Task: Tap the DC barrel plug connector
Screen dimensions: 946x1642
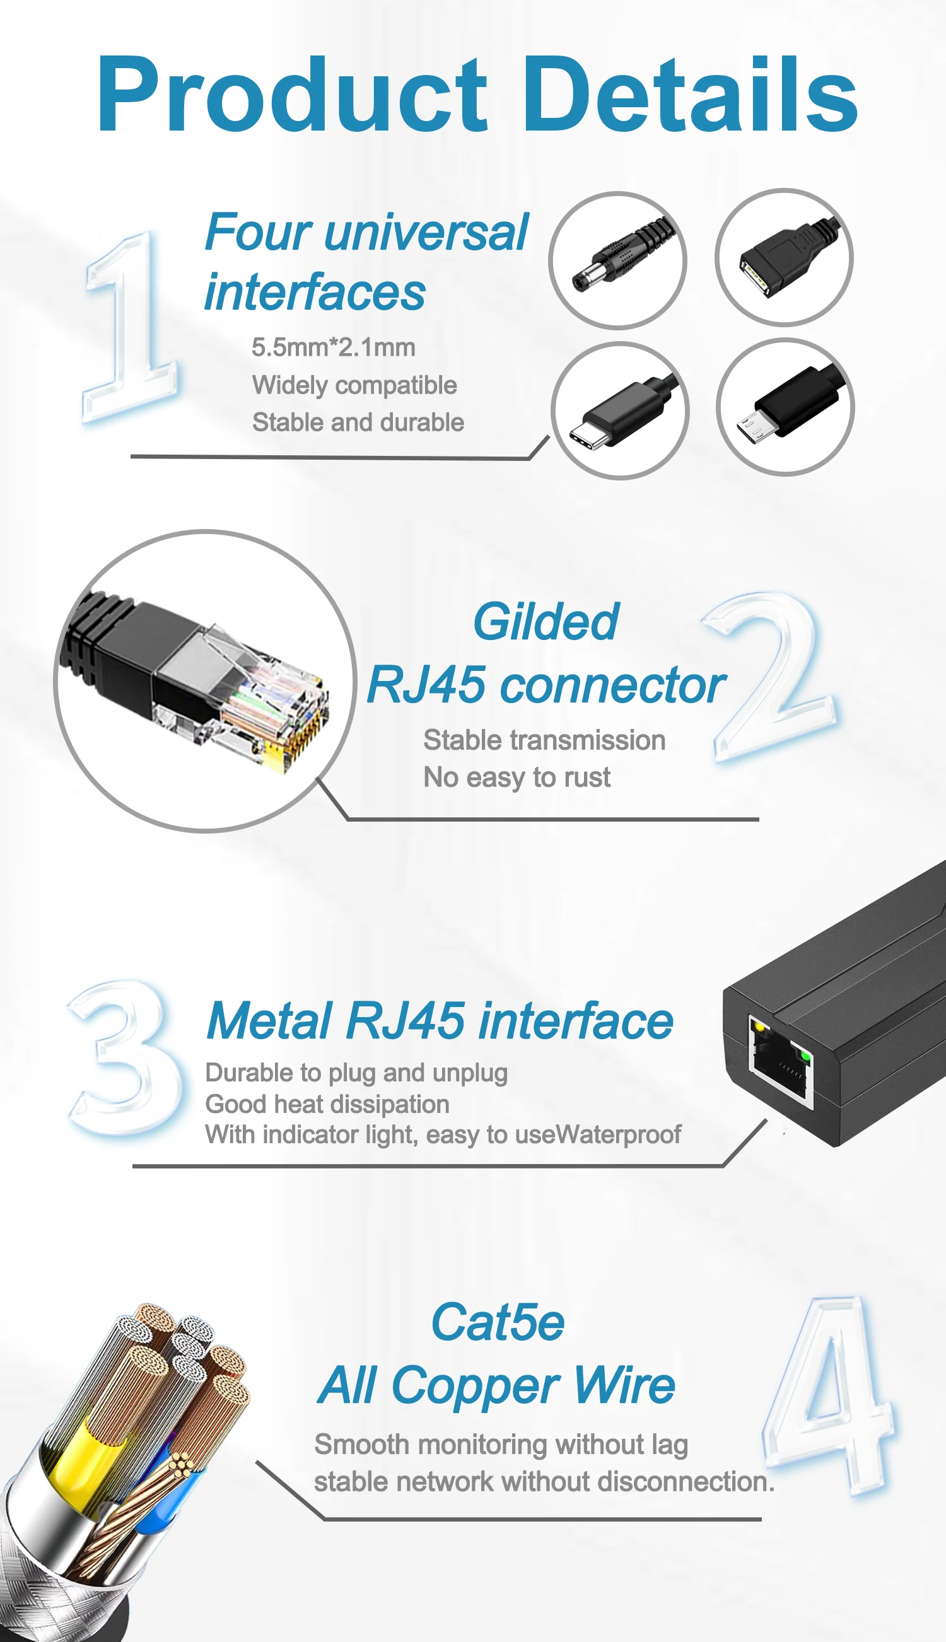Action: coord(617,260)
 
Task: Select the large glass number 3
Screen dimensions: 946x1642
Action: coord(127,1059)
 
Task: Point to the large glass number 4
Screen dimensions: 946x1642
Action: coord(832,1397)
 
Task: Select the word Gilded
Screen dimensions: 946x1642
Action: coord(546,622)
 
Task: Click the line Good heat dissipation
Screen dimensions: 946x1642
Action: coord(327,1104)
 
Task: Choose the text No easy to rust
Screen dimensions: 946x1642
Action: coord(517,777)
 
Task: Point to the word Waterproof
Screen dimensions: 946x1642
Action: coord(619,1135)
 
